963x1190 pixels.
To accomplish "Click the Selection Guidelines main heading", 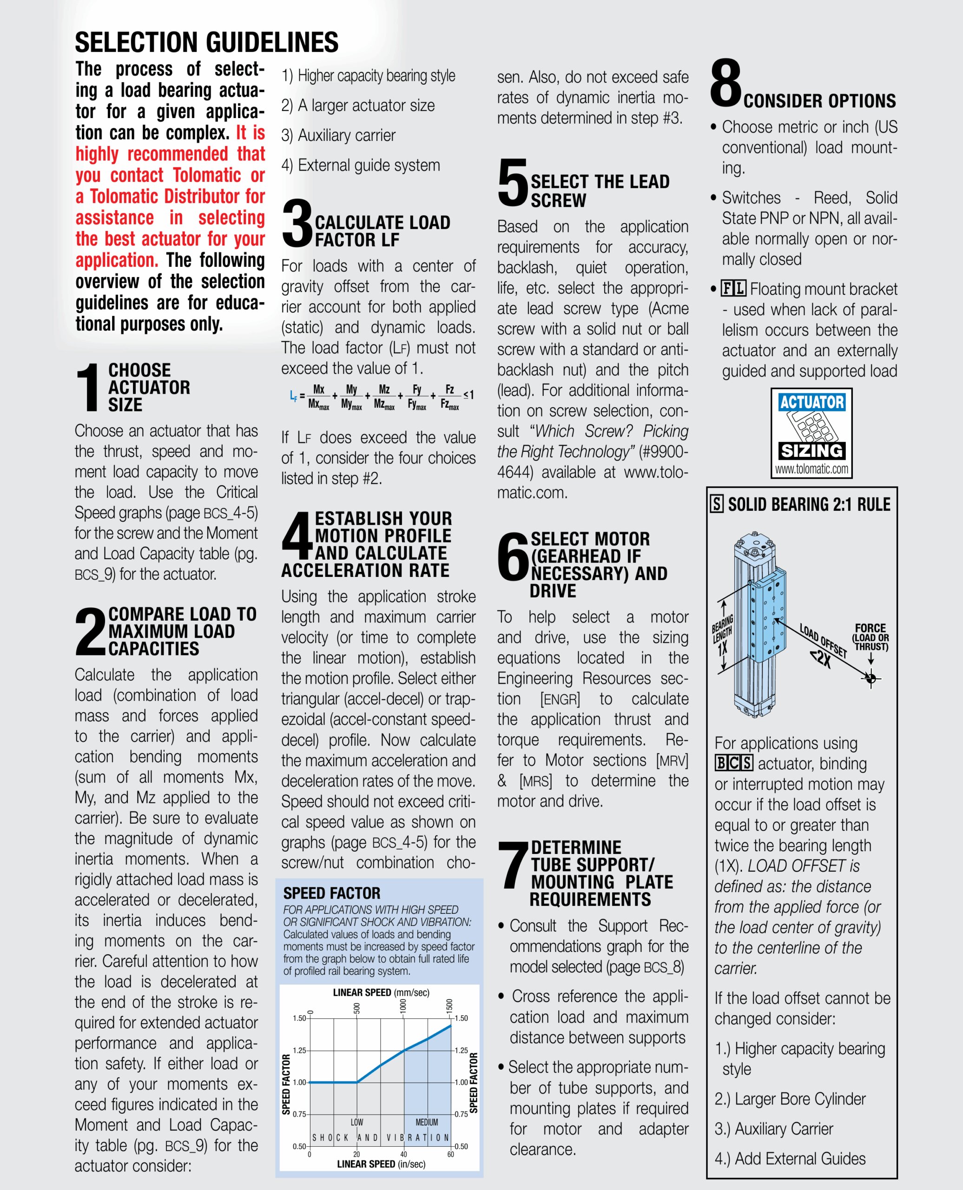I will [x=206, y=42].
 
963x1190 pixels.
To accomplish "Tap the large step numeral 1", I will [x=88, y=388].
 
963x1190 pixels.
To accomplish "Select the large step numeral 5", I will [x=512, y=182].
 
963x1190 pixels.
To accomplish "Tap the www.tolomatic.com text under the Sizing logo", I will [x=811, y=469].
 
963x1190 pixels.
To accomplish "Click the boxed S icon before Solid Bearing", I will [x=717, y=504].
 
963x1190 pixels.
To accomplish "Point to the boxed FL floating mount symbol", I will [x=733, y=289].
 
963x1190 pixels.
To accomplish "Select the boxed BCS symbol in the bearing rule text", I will [x=733, y=763].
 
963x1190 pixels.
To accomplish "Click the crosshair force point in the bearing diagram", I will [x=871, y=678].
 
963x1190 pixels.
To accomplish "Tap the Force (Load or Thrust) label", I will [x=871, y=637].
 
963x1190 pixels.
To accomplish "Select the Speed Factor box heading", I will [x=332, y=893].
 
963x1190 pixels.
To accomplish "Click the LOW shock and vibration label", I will [x=356, y=1122].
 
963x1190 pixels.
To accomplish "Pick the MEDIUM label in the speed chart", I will [x=427, y=1122].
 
